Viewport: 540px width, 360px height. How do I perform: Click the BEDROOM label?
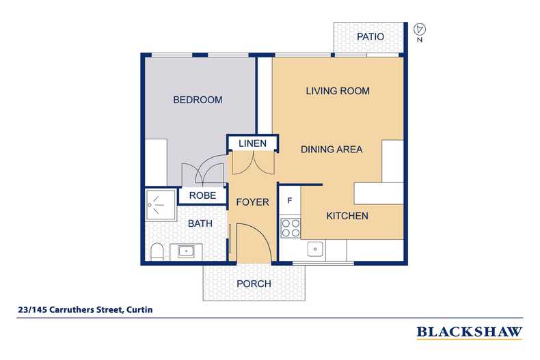(x=198, y=100)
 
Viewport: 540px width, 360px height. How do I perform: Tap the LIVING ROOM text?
(x=338, y=91)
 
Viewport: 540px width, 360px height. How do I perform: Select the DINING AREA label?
(x=332, y=149)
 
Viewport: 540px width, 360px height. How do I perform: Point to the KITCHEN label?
(x=347, y=216)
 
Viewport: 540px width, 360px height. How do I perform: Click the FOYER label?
(x=252, y=202)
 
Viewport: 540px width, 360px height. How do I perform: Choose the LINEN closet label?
(x=252, y=143)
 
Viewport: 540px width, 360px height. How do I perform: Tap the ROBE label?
(x=202, y=195)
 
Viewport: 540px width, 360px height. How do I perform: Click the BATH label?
(x=200, y=223)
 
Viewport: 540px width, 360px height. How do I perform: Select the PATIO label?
(x=370, y=37)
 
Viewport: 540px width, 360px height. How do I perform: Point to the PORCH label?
(x=254, y=283)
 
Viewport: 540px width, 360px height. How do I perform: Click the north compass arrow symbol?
(x=421, y=29)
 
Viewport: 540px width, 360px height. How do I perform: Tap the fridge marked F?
(x=290, y=201)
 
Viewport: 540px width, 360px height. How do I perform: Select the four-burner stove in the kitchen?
(x=291, y=227)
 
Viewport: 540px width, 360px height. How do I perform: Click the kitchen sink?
(x=315, y=249)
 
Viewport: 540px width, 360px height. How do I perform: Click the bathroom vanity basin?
(x=186, y=251)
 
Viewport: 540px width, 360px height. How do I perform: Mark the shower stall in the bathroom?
(x=158, y=203)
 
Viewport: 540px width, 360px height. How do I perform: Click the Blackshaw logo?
(x=469, y=333)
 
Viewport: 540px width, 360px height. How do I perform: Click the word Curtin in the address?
(x=139, y=309)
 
